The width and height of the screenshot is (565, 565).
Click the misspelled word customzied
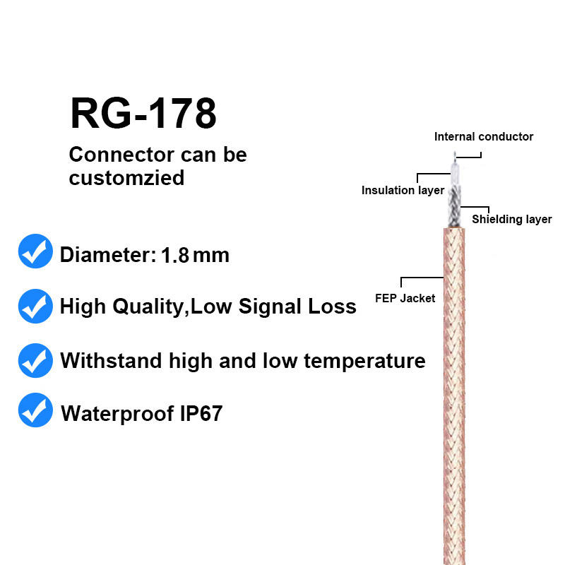pos(126,177)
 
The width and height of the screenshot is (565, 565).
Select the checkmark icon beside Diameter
pos(35,252)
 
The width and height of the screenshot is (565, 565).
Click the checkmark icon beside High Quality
pos(35,306)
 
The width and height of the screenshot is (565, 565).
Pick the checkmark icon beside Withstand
pos(35,360)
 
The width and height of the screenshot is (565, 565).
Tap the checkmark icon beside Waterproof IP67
pos(35,410)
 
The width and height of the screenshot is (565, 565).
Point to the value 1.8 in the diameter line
pos(175,254)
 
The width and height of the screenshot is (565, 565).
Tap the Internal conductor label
pos(484,137)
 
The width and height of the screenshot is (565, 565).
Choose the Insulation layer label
pos(403,191)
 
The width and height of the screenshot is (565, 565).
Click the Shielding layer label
pos(511,220)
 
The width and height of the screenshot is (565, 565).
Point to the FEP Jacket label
pos(405,298)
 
